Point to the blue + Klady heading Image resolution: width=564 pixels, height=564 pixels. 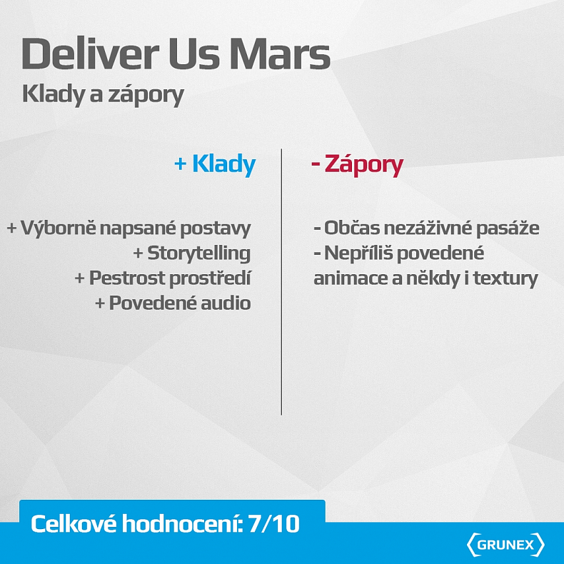(214, 165)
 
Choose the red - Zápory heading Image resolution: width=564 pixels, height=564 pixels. (357, 165)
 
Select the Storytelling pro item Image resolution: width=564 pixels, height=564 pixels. (198, 253)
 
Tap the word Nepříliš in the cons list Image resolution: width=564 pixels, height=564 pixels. (359, 253)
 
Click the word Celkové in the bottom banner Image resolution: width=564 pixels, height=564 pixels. (74, 525)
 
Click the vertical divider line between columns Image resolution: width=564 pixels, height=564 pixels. (281, 286)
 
